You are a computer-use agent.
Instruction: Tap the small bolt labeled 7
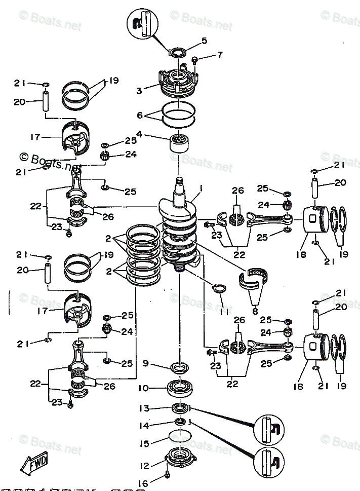point(194,61)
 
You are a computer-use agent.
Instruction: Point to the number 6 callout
point(140,116)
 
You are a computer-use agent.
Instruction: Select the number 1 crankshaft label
point(201,188)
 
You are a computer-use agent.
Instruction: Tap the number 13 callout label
point(143,408)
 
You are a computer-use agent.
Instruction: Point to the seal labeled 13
point(179,407)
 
